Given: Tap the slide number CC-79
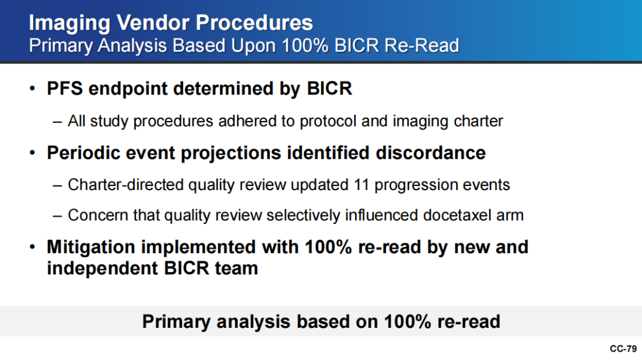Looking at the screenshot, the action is coord(623,349).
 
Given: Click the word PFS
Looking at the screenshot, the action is coord(65,89).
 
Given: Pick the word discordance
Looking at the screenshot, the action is coord(431,153).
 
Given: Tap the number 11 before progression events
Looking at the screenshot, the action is coord(361,185).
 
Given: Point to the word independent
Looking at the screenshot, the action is coord(102,269).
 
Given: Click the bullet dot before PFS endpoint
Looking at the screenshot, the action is coord(32,89).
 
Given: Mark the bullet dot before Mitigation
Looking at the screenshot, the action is coord(32,247).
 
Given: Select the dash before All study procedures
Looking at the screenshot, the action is coord(57,122).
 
